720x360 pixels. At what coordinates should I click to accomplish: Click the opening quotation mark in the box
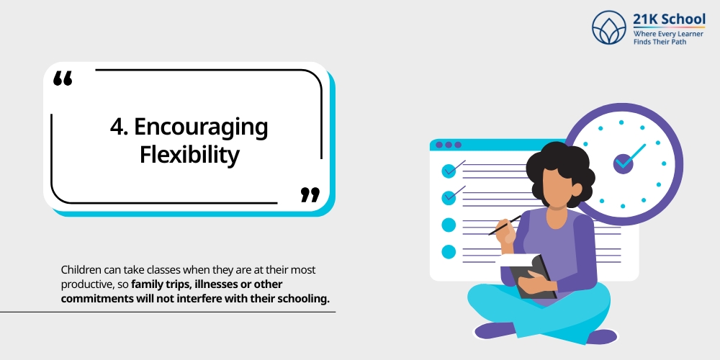[x=63, y=79]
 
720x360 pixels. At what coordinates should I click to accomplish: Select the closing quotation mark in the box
[x=310, y=194]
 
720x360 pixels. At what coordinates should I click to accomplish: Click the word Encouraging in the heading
[x=201, y=127]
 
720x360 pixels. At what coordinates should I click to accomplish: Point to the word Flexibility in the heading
[x=189, y=154]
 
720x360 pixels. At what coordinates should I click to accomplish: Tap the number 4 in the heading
[x=115, y=127]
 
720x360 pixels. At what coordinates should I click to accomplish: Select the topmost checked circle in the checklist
[x=449, y=171]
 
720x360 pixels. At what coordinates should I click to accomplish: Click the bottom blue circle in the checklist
[x=449, y=251]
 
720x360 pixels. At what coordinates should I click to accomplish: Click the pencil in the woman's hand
[x=503, y=225]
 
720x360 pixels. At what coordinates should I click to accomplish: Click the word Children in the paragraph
[x=82, y=270]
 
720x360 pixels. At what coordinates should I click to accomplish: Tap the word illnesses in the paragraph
[x=217, y=285]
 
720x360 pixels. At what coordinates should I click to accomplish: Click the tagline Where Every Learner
[x=667, y=34]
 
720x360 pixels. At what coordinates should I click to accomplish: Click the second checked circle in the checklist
[x=449, y=197]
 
